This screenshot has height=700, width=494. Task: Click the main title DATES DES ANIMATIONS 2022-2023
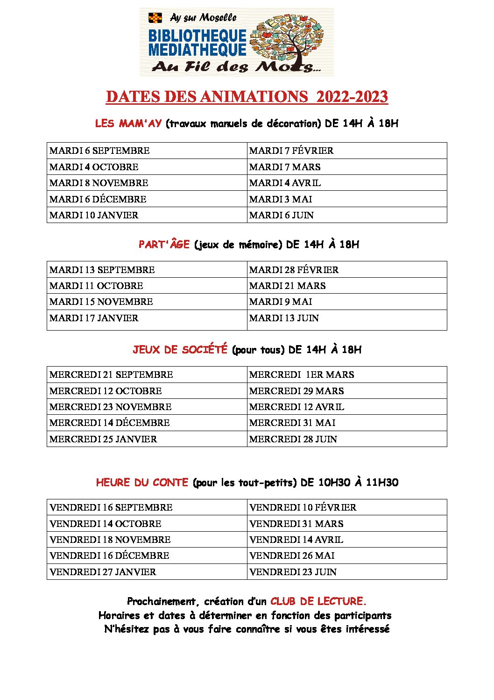247,97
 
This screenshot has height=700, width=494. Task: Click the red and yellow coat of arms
155,18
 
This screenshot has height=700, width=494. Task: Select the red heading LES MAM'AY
128,123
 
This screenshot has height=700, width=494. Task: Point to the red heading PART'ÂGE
164,244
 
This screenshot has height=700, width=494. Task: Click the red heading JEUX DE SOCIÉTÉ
180,349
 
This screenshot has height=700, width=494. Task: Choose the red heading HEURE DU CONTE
142,482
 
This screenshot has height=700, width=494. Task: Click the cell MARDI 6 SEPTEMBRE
99,151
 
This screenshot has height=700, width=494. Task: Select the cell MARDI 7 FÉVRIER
291,151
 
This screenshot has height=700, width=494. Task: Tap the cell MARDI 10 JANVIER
94,215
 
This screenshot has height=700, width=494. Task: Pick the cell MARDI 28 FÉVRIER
294,270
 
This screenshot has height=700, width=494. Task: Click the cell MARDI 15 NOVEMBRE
101,302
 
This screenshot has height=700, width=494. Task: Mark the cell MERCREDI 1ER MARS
302,375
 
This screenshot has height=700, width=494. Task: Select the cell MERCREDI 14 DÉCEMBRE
109,423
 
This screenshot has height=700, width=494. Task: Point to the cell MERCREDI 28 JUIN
293,439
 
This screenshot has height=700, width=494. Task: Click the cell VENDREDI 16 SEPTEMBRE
111,507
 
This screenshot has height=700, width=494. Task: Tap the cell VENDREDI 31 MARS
296,524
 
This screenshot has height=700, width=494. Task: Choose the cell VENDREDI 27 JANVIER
103,572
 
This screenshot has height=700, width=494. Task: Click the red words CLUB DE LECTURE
318,601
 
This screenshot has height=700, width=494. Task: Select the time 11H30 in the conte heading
382,482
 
